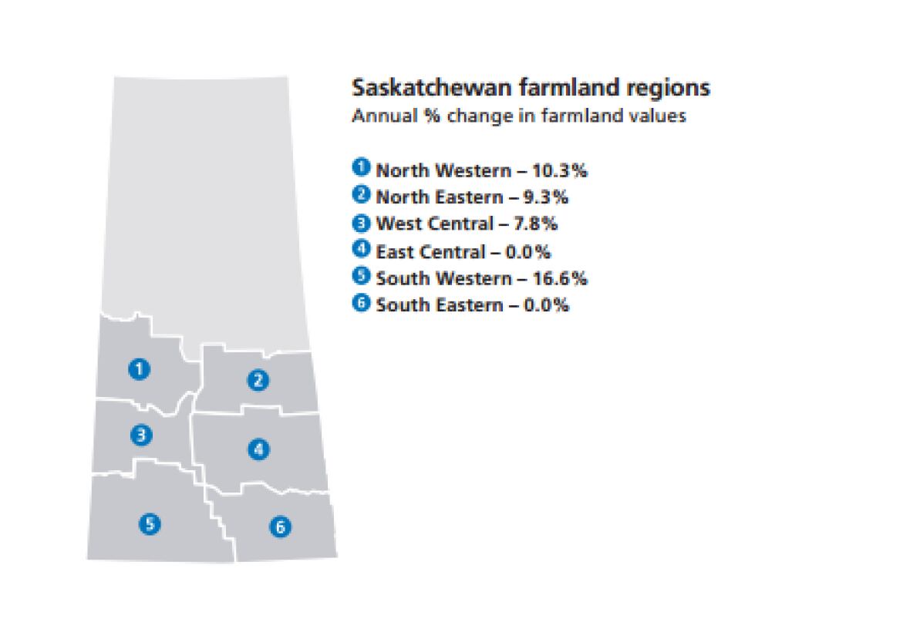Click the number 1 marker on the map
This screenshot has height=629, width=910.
(x=139, y=369)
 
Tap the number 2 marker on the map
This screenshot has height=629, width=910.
(x=257, y=379)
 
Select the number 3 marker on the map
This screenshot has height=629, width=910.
(x=140, y=436)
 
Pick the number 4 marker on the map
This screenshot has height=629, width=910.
(x=258, y=449)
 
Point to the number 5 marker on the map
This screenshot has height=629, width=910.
(x=150, y=524)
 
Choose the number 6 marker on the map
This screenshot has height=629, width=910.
(x=279, y=527)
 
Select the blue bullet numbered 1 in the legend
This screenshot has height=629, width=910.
(x=360, y=168)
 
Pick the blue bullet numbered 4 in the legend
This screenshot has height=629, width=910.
(x=360, y=250)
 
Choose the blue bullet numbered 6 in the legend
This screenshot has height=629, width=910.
(x=360, y=304)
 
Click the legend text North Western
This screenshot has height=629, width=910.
(x=433, y=170)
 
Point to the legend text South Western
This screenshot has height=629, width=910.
(x=433, y=277)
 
